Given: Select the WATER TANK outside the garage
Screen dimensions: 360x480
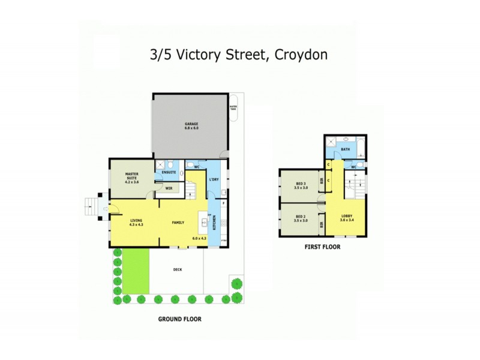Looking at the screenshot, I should coord(233,108).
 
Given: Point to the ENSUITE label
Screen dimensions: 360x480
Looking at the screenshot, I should coord(169,173).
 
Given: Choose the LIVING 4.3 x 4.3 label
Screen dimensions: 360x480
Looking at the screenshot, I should coord(136,222).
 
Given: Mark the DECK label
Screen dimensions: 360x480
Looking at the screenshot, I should coord(177,270).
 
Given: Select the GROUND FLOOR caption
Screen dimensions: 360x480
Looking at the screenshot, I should coord(179,319).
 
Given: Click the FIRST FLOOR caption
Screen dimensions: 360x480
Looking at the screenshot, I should coord(322,246).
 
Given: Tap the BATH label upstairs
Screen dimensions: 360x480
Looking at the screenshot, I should coord(345,149).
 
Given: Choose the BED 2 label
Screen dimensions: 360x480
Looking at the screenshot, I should coord(301,218).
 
